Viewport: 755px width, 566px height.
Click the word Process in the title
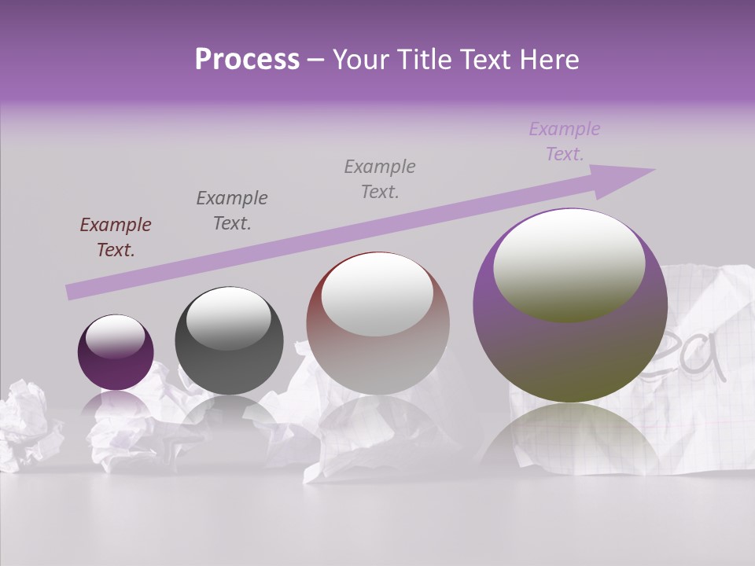coord(247,60)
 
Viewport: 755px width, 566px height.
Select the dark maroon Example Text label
coord(116,237)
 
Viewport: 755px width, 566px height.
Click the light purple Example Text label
coord(564,141)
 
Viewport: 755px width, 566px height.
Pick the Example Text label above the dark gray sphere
coord(232,211)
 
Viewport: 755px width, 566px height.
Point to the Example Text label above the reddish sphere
coord(380,178)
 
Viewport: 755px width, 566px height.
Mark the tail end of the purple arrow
coord(72,292)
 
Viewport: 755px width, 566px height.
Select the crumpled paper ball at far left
coord(28,424)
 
